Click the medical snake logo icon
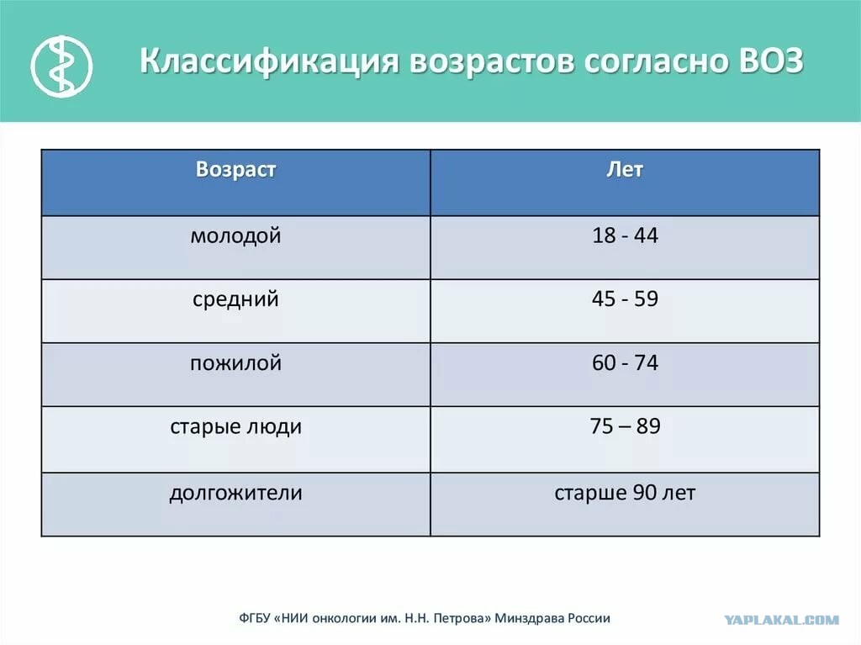(61, 66)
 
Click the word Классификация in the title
(268, 61)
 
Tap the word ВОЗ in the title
(767, 61)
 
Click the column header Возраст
(235, 169)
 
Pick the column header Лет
(625, 169)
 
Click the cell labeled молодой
(235, 236)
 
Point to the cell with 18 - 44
(625, 235)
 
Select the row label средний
(235, 300)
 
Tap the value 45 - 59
(625, 299)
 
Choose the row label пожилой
(235, 363)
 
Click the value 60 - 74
(625, 362)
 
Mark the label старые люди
(235, 427)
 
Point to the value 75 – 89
(625, 426)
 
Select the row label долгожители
(235, 494)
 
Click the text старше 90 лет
(625, 493)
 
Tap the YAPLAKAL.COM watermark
(781, 620)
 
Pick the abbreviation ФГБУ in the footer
(255, 619)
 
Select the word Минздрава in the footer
(528, 619)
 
